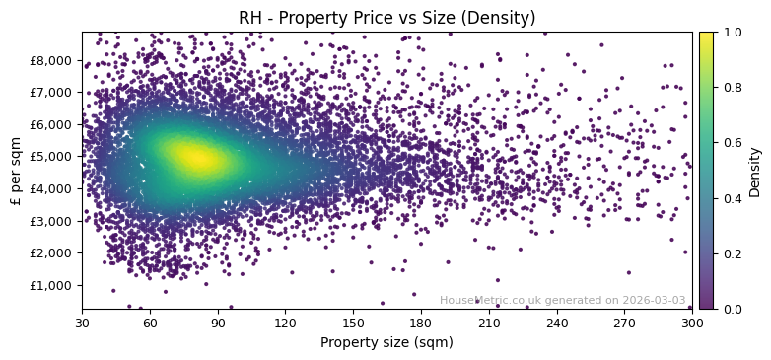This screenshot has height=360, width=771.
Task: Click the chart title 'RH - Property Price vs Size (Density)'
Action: pos(386,18)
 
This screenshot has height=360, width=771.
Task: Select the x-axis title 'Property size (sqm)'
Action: pos(386,342)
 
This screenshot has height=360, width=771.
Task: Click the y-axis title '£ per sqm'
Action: pos(16,171)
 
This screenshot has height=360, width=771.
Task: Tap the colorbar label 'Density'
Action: pos(755,171)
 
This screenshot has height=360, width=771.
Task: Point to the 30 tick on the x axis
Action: pos(82,322)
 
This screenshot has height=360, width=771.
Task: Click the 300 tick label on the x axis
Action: pos(692,322)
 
